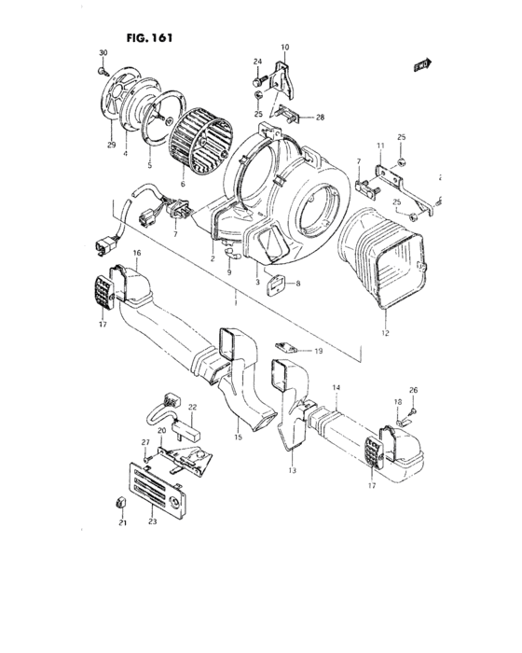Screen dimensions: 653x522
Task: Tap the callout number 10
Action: point(285,47)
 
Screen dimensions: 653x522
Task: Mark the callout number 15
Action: point(237,437)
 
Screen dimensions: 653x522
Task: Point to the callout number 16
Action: point(136,253)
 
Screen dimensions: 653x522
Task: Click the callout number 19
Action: point(318,351)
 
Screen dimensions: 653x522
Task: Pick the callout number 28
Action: point(320,118)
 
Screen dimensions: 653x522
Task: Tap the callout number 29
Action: point(111,146)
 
